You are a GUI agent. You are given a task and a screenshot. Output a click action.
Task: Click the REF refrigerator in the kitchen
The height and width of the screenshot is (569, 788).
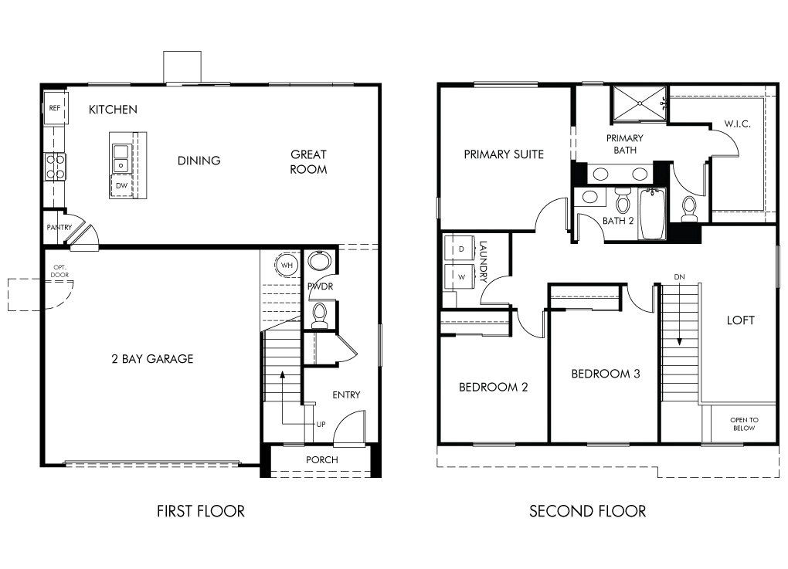pos(56,107)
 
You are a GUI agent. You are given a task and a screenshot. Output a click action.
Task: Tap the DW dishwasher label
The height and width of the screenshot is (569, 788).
pos(121,186)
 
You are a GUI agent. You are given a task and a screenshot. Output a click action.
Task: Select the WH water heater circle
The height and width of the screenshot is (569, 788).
pos(287,265)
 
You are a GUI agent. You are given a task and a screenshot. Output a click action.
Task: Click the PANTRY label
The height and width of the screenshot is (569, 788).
pos(59,228)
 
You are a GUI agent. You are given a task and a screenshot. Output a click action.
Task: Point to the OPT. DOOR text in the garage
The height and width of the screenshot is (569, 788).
pos(59,271)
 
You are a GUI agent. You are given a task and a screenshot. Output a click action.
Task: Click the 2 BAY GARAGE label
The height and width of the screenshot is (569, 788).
pos(152,358)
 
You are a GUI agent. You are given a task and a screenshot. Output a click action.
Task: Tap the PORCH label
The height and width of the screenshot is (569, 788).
pos(321,459)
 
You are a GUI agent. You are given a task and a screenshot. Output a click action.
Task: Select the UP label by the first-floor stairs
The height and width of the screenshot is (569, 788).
pos(321,425)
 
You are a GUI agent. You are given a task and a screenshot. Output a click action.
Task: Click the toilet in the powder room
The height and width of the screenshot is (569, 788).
pos(319,315)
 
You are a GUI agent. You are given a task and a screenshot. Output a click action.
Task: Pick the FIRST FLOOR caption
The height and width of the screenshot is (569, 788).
pos(201,511)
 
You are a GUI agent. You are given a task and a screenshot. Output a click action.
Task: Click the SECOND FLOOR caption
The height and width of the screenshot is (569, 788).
pos(587,511)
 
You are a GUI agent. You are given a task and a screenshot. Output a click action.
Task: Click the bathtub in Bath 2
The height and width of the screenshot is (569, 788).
pos(652,213)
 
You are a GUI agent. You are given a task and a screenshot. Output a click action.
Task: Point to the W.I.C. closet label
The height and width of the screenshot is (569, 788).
pos(737,124)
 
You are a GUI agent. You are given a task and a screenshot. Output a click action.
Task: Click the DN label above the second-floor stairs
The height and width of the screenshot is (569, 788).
pos(679,276)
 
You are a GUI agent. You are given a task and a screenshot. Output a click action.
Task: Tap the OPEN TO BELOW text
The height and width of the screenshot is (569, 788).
pos(744,424)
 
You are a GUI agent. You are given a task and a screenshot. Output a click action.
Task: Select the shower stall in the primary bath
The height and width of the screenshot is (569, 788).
pos(640,103)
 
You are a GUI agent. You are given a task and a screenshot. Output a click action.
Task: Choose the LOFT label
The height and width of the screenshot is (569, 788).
pos(740,320)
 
